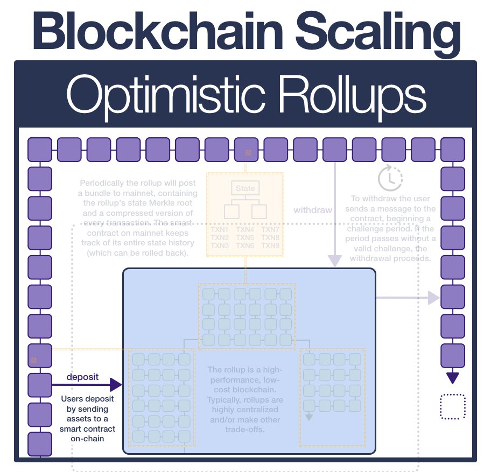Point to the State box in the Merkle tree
click(x=245, y=188)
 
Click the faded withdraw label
click(x=313, y=210)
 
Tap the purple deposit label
click(x=82, y=376)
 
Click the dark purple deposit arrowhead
click(x=116, y=385)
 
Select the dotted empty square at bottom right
click(x=452, y=407)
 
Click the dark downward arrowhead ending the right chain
click(x=452, y=378)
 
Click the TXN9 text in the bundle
click(x=271, y=245)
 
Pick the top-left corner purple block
click(x=39, y=150)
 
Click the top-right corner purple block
click(x=452, y=150)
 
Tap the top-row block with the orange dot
click(x=246, y=150)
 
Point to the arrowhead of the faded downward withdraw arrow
click(x=335, y=260)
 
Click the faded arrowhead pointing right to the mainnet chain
click(x=433, y=297)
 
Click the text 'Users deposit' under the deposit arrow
click(x=87, y=399)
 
